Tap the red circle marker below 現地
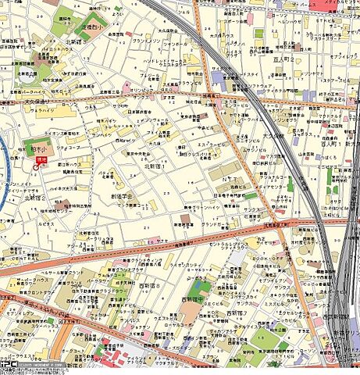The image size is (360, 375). pyautogui.click(x=37, y=166)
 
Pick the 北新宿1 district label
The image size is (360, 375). pyautogui.click(x=155, y=166)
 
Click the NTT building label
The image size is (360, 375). pyautogui.click(x=231, y=178)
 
